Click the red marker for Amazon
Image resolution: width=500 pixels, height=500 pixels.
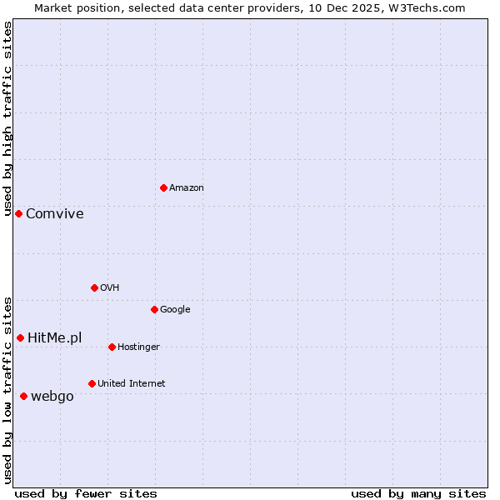163,187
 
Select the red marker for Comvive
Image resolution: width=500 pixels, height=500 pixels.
18,213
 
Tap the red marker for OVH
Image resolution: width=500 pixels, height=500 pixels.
94,287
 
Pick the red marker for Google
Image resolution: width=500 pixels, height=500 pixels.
154,309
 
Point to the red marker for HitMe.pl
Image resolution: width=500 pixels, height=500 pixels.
20,337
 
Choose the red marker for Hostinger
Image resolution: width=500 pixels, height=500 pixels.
112,347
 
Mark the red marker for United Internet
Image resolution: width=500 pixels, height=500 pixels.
92,383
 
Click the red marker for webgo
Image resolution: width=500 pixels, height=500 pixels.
23,396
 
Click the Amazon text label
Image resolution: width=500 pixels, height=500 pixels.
187,187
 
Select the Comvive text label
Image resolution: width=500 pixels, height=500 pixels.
55,213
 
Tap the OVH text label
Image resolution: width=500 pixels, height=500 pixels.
110,287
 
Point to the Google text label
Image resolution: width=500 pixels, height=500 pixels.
175,309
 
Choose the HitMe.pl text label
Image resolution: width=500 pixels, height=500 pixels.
55,337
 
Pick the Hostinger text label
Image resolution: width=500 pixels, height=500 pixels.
138,347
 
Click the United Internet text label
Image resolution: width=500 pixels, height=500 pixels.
132,383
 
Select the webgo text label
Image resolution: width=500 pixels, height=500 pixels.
52,396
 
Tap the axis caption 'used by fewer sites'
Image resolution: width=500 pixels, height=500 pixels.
86,493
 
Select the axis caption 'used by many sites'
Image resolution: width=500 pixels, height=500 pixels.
418,493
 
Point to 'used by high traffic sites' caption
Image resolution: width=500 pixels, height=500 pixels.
7,118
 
